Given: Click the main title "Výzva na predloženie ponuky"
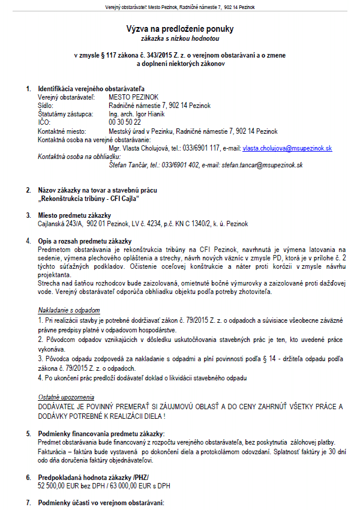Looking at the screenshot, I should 179,29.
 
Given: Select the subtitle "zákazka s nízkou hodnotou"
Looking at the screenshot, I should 179,38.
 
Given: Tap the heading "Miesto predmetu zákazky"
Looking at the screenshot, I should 74,215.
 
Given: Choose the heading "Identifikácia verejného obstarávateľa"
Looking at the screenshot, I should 91,88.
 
